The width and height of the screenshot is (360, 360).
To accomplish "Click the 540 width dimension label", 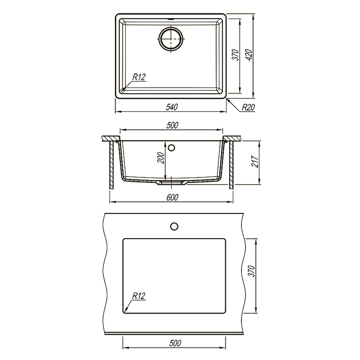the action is (x=172, y=107).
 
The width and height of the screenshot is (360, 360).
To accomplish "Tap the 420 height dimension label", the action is (x=249, y=55).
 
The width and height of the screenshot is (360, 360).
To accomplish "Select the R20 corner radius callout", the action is (x=248, y=107).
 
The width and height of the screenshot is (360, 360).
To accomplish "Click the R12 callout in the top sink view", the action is (x=139, y=77).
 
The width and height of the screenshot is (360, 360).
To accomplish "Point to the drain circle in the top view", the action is (x=171, y=39).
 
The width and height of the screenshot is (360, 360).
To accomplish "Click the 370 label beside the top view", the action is (x=235, y=55).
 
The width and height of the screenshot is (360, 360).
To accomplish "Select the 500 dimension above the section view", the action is (x=172, y=125).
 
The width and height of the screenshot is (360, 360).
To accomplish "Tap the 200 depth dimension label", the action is (x=161, y=158).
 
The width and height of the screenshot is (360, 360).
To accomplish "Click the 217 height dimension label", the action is (x=255, y=161).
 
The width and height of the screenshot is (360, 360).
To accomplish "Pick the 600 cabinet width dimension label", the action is (x=172, y=197).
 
